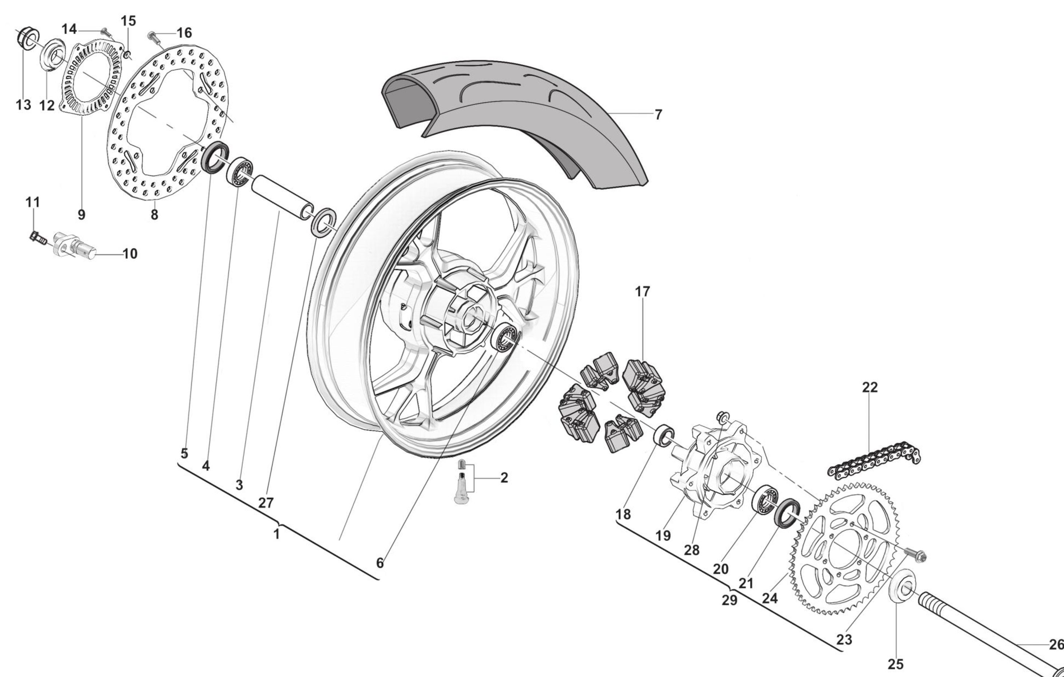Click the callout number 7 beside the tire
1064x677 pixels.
658,115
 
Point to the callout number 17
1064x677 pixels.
643,291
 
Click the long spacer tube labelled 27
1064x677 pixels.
282,195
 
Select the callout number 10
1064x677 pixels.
130,254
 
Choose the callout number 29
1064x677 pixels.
730,601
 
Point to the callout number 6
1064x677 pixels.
380,563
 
